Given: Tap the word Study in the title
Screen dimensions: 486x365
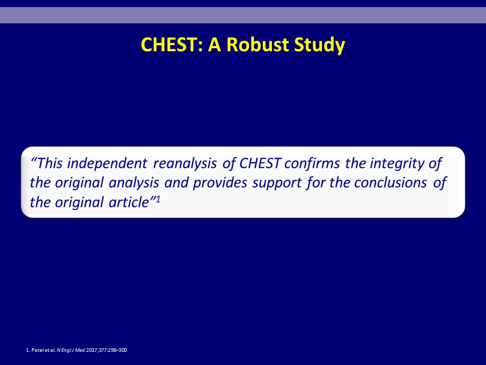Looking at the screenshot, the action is coord(319,45).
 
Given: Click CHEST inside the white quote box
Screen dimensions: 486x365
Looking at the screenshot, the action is coord(260,163).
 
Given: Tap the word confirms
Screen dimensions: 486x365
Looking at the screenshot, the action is coord(312,163).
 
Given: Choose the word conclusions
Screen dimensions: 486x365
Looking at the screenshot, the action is coord(390,182).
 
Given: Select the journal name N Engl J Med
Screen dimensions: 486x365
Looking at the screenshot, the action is coord(71,350).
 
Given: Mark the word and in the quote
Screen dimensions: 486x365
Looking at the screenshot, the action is coord(176,182).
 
